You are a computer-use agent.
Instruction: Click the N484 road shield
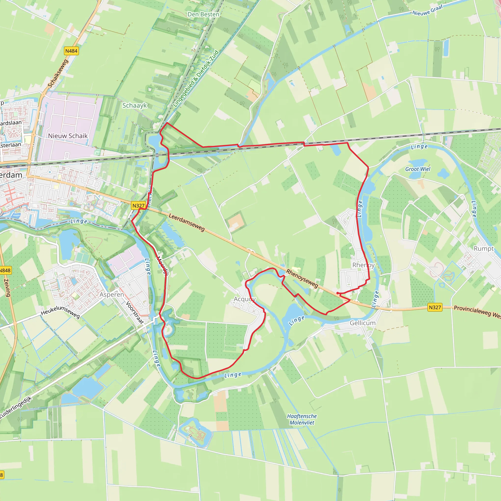71,51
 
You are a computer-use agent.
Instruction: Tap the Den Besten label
203,14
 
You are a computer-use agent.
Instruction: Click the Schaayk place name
135,105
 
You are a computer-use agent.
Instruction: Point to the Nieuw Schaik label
68,136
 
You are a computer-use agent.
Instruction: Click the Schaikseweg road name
58,73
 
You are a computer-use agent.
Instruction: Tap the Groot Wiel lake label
418,169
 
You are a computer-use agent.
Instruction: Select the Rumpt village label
484,249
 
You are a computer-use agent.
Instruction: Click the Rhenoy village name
363,265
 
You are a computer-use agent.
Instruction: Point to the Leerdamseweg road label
187,222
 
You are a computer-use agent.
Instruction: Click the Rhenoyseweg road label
302,278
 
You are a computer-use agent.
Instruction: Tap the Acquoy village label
245,299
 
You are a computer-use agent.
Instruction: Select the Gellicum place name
363,323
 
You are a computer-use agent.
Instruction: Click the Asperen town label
112,295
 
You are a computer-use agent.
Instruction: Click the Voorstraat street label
135,312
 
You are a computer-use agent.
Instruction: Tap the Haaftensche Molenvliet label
302,419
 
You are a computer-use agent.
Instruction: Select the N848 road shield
5,271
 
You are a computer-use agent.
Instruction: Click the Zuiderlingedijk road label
16,407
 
